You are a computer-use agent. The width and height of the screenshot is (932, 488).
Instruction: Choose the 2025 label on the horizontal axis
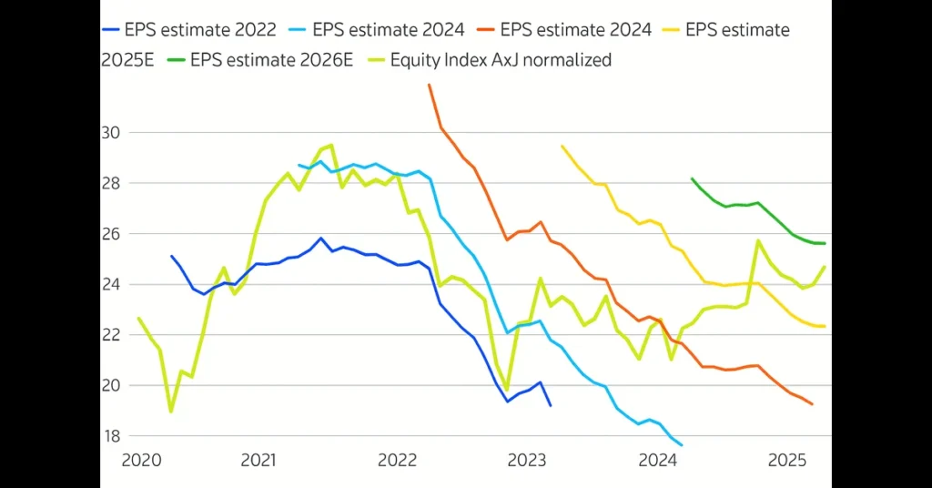click(x=788, y=461)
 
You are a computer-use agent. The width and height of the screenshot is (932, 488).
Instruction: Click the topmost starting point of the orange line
click(x=429, y=85)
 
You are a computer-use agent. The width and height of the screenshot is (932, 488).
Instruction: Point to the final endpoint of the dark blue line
click(x=550, y=405)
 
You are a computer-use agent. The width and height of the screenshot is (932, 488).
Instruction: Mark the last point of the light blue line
click(x=682, y=445)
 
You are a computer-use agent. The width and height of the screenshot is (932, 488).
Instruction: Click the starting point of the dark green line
click(x=692, y=178)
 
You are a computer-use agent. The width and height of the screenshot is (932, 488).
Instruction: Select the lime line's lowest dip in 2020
click(x=171, y=412)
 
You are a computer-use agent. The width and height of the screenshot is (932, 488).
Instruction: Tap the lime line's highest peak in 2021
click(x=331, y=145)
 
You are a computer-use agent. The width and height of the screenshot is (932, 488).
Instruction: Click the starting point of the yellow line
click(x=562, y=146)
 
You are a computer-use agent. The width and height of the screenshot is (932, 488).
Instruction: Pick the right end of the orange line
click(x=812, y=404)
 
